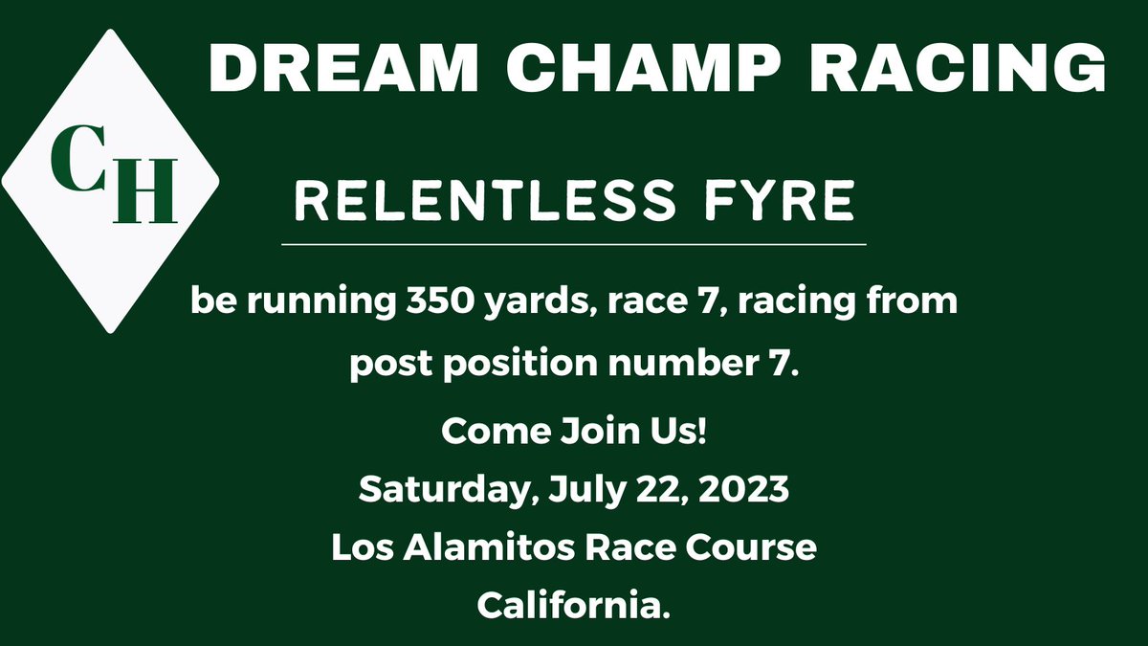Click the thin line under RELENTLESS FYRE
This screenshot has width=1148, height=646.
point(574,245)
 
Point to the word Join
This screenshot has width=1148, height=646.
point(601,433)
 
